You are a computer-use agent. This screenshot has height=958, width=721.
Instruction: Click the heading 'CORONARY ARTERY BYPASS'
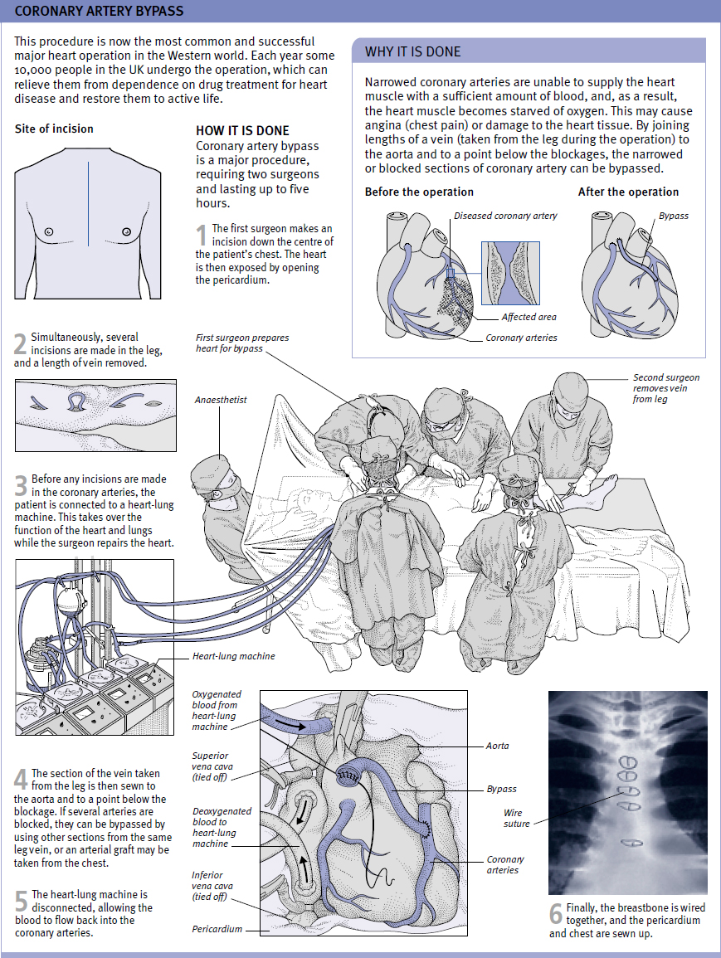coord(99,12)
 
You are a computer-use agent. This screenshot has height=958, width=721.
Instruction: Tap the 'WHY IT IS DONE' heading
coord(412,52)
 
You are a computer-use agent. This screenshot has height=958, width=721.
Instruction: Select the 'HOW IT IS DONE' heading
coord(242,130)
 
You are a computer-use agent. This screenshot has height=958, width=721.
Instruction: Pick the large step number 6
coord(555,914)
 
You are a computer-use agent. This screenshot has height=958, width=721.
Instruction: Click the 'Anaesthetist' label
coord(221,400)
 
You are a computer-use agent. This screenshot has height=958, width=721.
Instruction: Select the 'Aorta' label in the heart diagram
coord(498,746)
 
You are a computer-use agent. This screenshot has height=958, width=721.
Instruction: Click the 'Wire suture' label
coord(515,818)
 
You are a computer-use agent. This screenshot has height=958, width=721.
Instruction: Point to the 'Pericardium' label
coord(217,929)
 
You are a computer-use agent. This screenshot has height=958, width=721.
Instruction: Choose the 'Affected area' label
coord(529,317)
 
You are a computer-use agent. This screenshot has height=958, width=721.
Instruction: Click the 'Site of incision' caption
coord(54,129)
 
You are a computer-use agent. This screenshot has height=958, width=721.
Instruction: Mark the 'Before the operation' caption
coord(419,192)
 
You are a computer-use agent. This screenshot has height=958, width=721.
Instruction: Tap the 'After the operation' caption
coord(628,192)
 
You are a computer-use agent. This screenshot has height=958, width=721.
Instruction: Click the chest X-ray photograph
coord(628,792)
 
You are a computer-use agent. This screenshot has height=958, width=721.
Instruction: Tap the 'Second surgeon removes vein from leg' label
coord(665,388)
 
